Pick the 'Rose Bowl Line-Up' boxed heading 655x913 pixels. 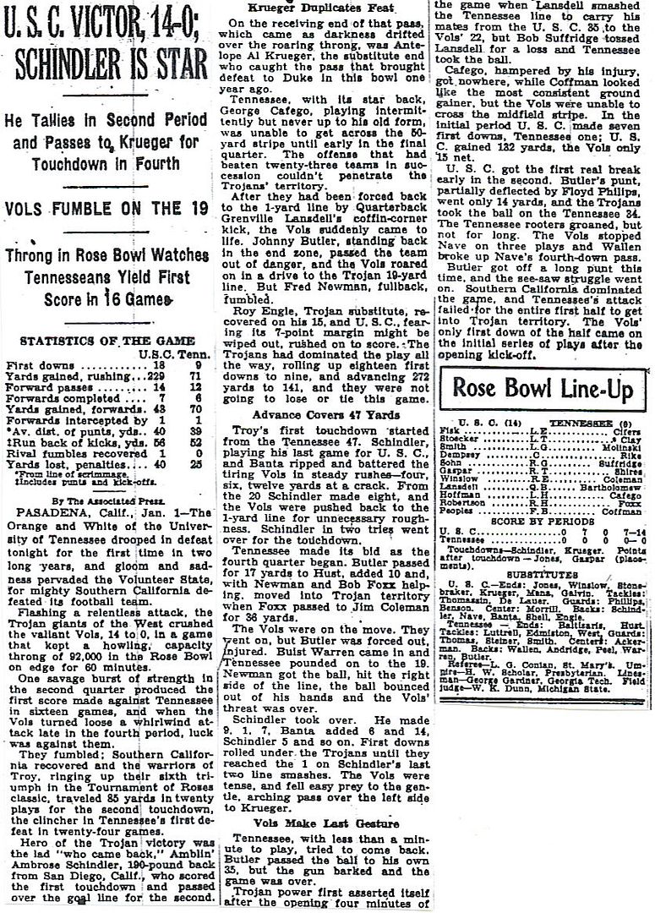[542, 387]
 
